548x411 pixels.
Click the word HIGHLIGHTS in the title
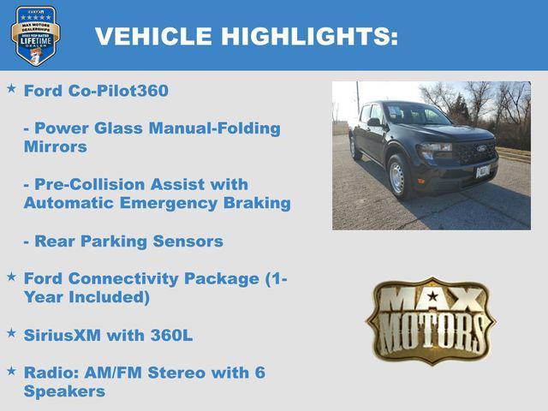click(309, 36)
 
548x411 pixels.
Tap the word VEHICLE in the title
click(153, 36)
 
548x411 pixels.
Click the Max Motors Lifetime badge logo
click(35, 35)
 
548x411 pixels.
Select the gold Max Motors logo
click(431, 320)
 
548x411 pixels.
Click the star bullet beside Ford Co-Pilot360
click(11, 88)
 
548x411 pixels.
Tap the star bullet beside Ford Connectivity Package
click(11, 277)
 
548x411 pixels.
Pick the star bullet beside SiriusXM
click(11, 333)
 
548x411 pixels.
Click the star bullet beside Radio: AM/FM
click(11, 371)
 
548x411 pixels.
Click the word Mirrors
click(55, 146)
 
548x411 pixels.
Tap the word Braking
click(257, 203)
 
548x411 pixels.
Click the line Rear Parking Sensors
click(123, 241)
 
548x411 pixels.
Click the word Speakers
click(64, 391)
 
